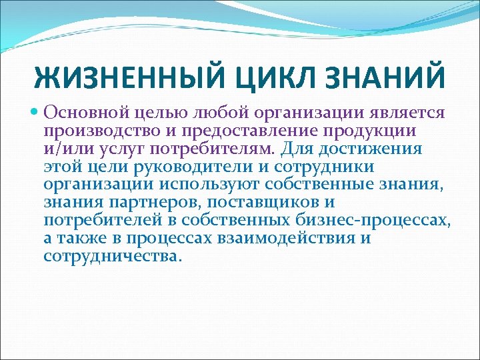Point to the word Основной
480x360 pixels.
click(x=85, y=112)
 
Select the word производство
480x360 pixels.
click(x=95, y=130)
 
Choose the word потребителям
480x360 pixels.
click(x=209, y=148)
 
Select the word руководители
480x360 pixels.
click(x=168, y=166)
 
